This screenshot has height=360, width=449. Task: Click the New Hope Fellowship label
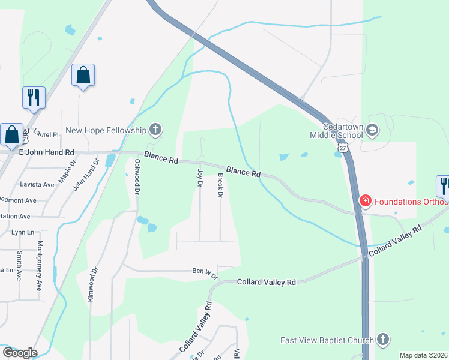[x=106, y=130]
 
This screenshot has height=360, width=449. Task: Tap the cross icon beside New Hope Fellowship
[x=155, y=130]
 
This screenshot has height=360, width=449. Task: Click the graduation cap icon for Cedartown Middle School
[x=372, y=130]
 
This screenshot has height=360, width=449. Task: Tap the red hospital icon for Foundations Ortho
[x=364, y=201]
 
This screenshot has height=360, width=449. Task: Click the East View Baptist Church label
[x=323, y=340]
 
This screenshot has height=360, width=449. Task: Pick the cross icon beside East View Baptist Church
[x=383, y=340]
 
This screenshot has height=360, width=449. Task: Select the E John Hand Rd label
[x=45, y=154]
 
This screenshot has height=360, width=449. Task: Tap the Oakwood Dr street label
[x=137, y=176]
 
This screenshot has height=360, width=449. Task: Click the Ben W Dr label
[x=205, y=271]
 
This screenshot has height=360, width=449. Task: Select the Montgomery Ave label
[x=40, y=266]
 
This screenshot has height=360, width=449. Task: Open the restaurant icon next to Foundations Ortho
[x=444, y=185]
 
